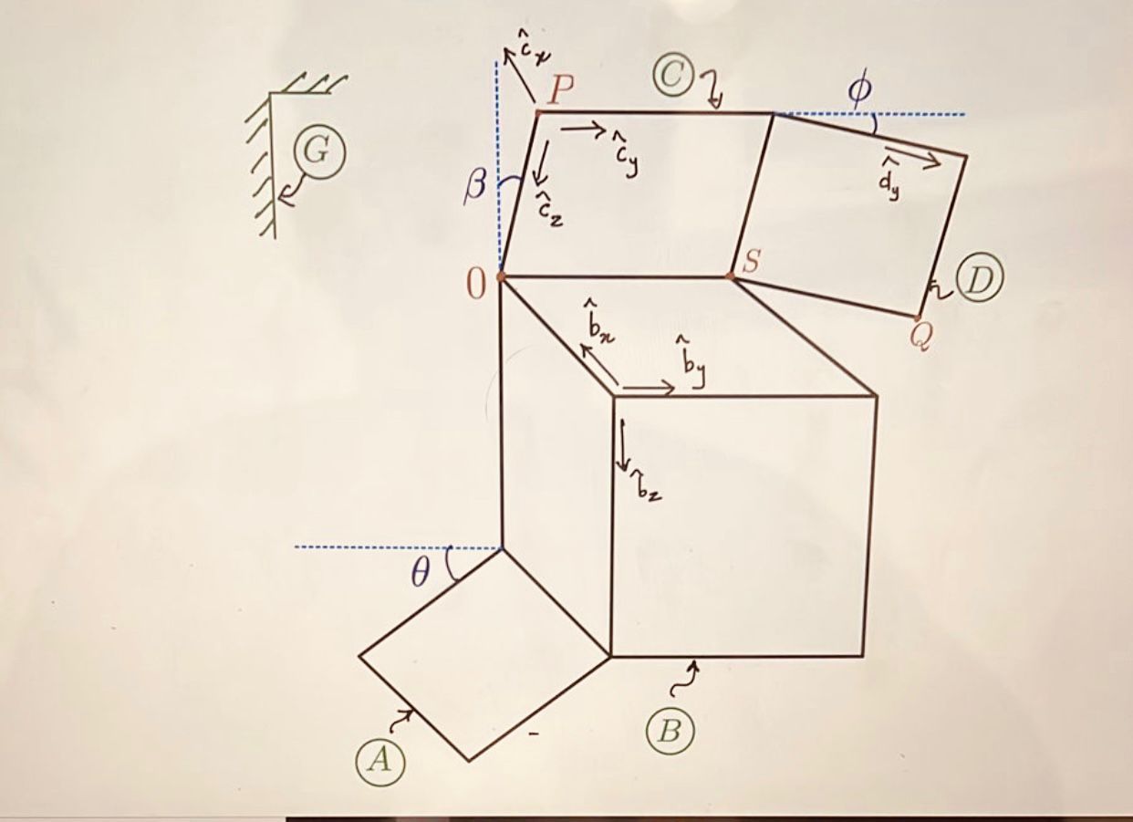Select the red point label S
point(750,262)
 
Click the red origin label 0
point(476,286)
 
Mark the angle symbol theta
point(419,574)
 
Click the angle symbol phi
point(859,90)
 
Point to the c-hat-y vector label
point(625,157)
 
